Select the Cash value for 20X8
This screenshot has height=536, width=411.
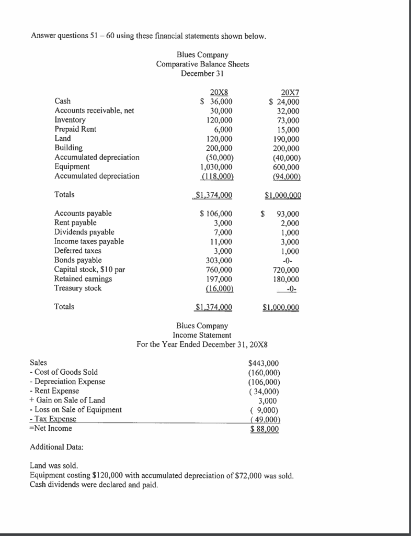[218, 102]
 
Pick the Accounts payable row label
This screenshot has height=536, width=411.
[83, 213]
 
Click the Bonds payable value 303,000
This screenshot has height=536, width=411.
[220, 260]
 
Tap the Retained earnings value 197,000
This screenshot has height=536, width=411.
[220, 279]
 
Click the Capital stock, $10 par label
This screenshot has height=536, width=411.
[89, 270]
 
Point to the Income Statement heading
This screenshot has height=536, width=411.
[202, 334]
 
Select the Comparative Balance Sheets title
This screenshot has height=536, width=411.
[202, 64]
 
